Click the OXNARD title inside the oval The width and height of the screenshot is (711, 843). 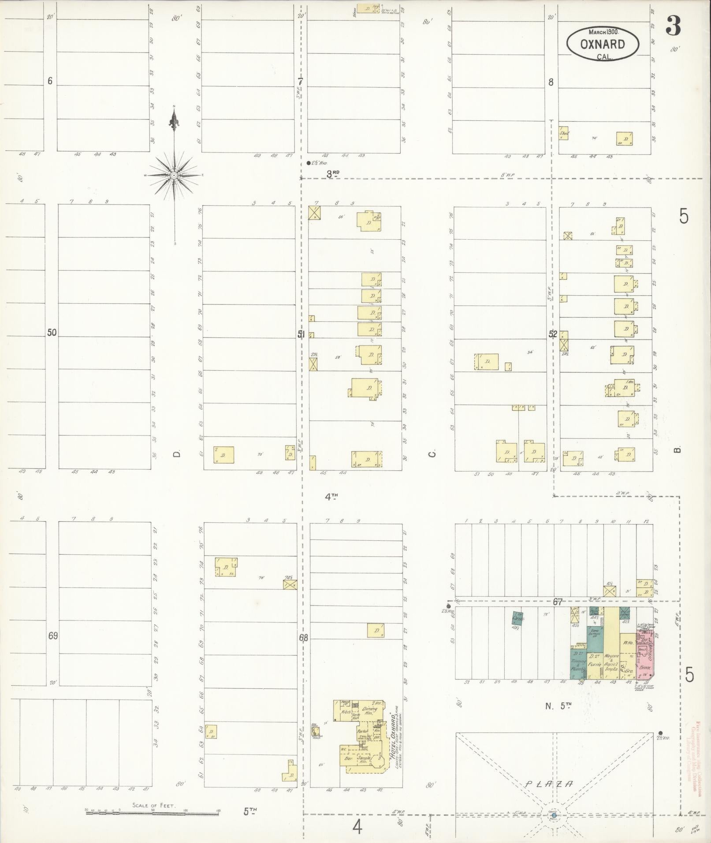tap(602, 45)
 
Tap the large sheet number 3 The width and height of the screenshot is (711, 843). tap(673, 26)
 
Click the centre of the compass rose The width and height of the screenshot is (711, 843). tap(174, 175)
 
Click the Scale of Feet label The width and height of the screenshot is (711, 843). tap(154, 805)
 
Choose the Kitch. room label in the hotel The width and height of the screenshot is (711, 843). tap(346, 712)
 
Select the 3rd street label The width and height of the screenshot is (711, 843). tap(333, 175)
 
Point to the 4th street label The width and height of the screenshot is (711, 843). tap(331, 497)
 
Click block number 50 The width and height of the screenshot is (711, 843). tap(52, 333)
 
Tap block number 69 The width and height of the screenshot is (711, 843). tap(53, 636)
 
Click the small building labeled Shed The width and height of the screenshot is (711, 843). tap(564, 134)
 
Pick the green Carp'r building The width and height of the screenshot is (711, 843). tap(517, 618)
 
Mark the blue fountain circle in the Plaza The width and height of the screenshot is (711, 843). tap(554, 817)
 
